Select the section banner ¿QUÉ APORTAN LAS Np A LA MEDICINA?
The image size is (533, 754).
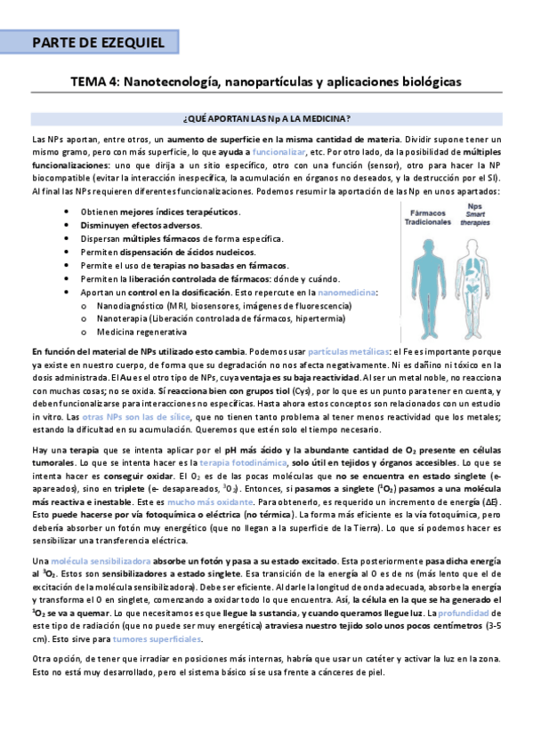[266, 118]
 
